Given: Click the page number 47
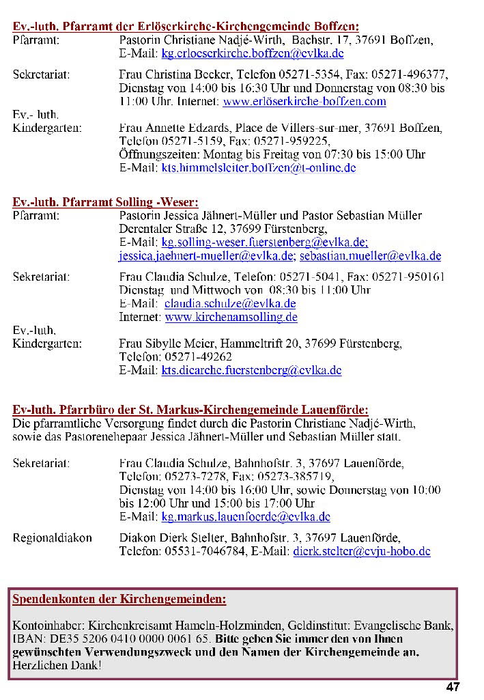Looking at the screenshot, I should [453, 687].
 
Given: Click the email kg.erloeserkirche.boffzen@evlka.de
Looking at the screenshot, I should [252, 53].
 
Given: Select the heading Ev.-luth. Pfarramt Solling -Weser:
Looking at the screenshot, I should [106, 202].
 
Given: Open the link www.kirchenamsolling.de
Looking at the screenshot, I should [231, 318].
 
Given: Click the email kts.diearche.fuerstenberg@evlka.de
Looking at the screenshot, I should [251, 371].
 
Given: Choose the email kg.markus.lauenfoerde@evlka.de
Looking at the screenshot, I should [245, 517].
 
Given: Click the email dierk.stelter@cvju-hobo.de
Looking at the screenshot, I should [362, 551].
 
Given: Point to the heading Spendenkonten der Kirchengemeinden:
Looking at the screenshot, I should [119, 600].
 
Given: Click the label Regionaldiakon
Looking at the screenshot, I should [53, 538].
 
